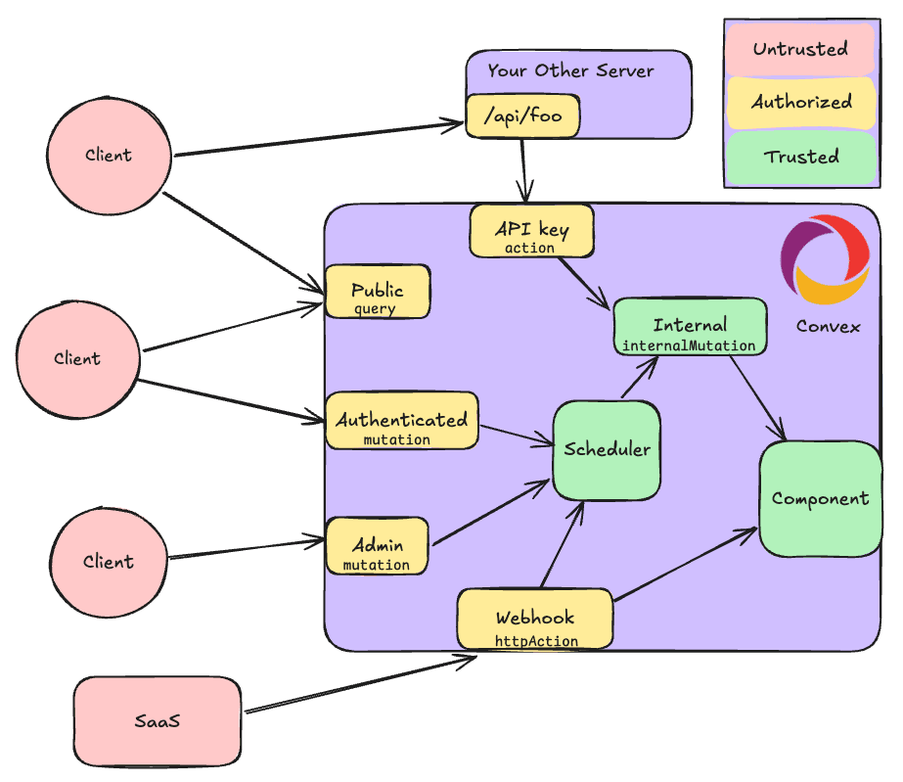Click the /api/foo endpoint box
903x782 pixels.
tap(522, 116)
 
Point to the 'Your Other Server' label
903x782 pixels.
tap(570, 70)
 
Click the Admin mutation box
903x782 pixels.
tap(377, 547)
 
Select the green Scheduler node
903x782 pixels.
tap(607, 450)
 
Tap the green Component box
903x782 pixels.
tap(820, 499)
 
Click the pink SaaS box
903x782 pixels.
tap(158, 722)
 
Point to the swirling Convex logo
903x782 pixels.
tap(824, 258)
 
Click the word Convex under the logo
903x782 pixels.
tap(828, 326)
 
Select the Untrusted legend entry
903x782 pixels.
tap(800, 49)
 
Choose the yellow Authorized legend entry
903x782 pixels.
tap(800, 102)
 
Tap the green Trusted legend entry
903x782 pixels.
tap(800, 157)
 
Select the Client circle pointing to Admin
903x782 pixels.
tap(108, 562)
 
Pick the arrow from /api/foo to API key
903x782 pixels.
tap(525, 168)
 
